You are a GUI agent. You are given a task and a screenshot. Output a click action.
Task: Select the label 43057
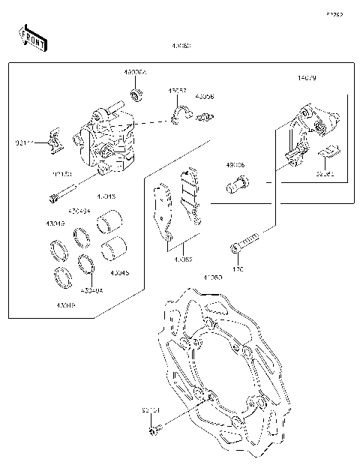tap(177, 90)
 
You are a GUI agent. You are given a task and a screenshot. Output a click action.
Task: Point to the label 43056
tap(204, 97)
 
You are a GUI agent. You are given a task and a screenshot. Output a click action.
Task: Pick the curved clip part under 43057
tap(176, 114)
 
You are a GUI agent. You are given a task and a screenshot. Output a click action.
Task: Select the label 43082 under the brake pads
tap(183, 259)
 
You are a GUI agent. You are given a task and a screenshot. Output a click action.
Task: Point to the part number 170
tap(238, 266)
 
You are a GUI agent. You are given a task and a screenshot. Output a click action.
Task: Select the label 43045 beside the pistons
tap(119, 273)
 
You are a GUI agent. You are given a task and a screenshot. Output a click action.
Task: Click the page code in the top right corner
tap(333, 14)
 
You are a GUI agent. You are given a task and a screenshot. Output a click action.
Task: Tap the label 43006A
tap(136, 73)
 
